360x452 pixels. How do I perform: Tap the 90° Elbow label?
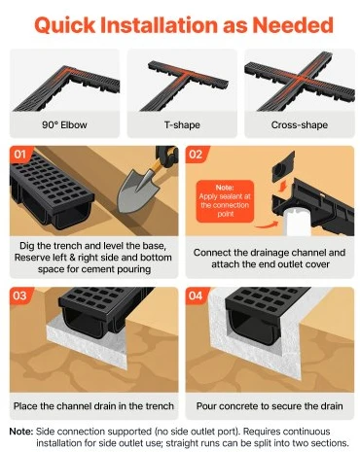pos(64,125)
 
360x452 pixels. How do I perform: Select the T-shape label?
pos(182,125)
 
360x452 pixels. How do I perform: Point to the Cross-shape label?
pos(300,125)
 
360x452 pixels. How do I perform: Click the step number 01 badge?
pos(19,154)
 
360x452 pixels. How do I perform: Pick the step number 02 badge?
pos(196,154)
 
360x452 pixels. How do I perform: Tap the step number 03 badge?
pos(19,296)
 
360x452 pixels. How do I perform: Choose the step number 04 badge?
pos(196,296)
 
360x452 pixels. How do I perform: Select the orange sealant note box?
pos(225,201)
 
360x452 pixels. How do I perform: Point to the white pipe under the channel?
pos(298,222)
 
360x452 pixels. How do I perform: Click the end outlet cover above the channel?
pos(283,167)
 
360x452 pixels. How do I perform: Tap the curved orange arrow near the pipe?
pos(267,225)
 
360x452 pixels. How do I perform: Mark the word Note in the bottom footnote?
pos(21,432)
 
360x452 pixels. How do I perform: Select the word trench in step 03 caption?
pos(160,406)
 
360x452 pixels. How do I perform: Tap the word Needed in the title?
pos(293,25)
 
